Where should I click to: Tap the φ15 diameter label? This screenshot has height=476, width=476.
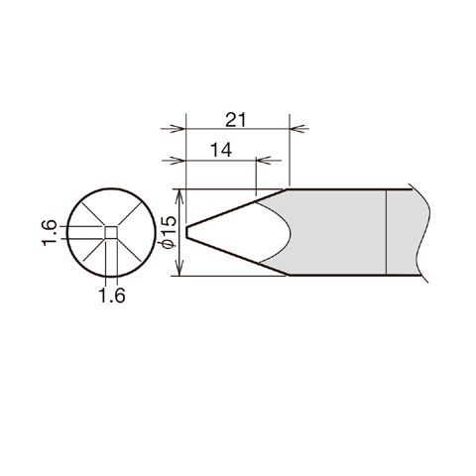[x=168, y=233]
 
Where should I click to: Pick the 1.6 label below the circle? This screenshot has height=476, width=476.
[x=112, y=296]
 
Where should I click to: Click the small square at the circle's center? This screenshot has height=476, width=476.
[x=111, y=233]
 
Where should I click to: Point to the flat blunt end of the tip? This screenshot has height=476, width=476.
[x=186, y=233]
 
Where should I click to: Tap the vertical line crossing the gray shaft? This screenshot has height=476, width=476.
[x=385, y=233]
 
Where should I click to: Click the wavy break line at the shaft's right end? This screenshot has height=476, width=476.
[x=427, y=233]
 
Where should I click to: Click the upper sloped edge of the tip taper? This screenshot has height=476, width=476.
[x=238, y=207]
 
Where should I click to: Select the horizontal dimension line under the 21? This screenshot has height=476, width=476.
[x=238, y=128]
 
